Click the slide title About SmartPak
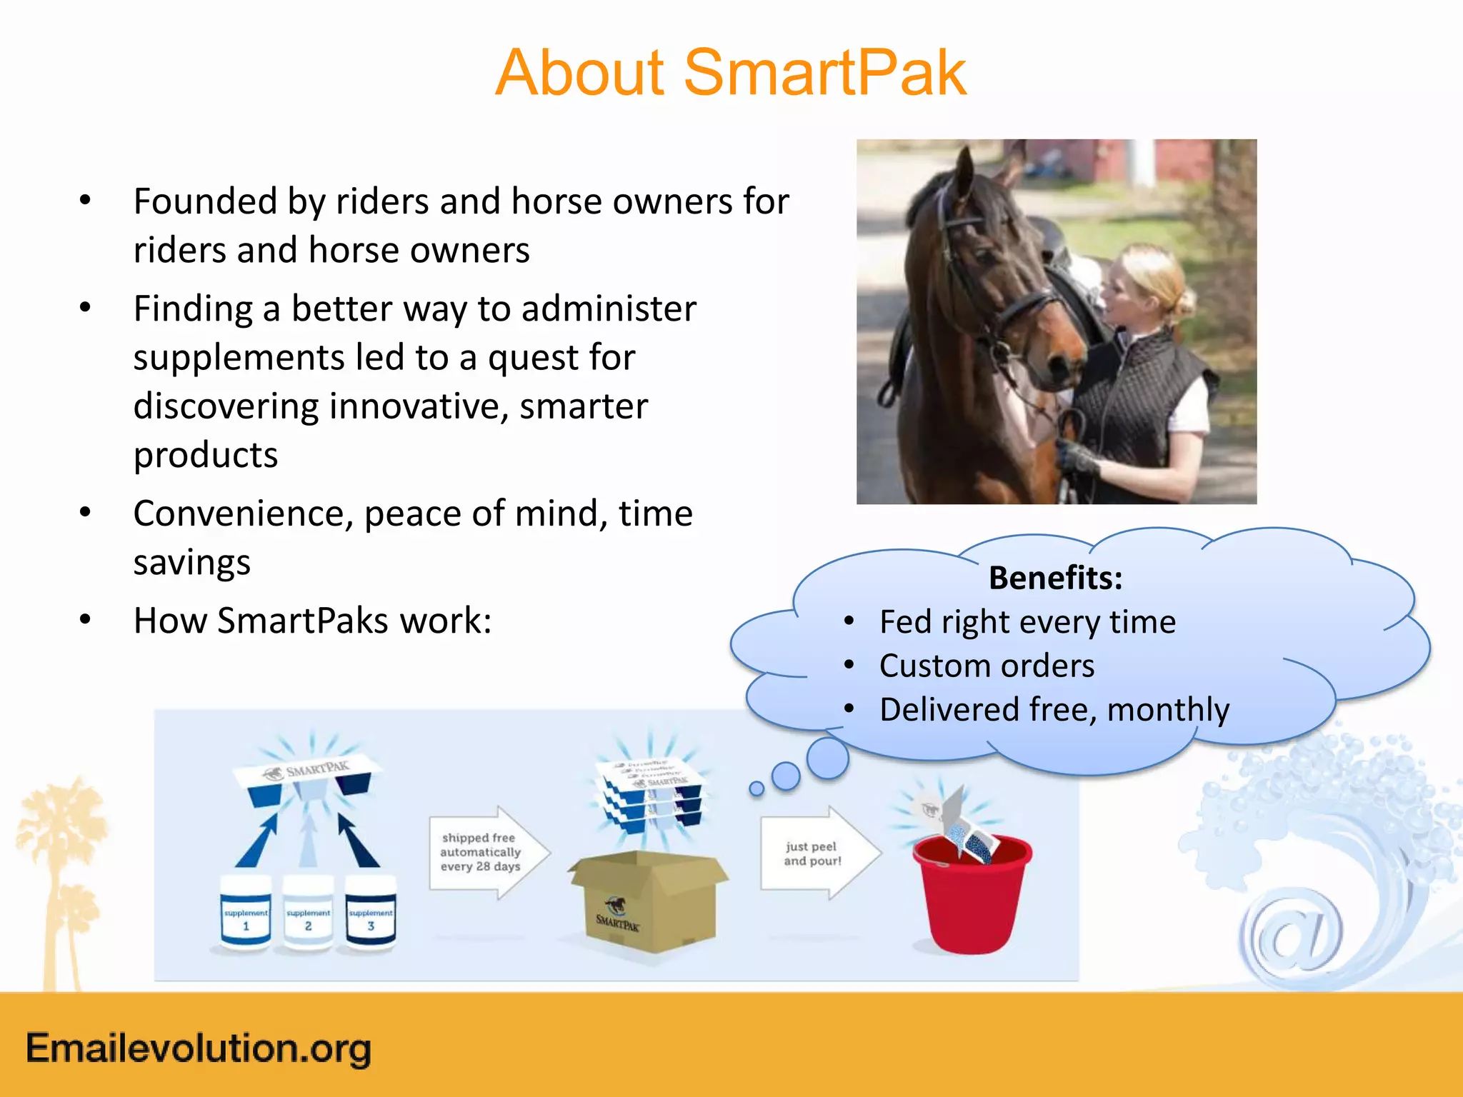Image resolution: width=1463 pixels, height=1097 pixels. tap(730, 73)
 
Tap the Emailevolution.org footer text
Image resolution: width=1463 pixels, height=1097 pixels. tap(199, 1048)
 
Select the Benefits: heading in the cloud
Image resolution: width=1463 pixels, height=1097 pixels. tap(1055, 578)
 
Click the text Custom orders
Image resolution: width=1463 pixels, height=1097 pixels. tap(986, 666)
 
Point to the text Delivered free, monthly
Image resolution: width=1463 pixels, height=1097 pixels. tap(1054, 710)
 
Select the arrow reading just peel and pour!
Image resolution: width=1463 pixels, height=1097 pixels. tap(818, 853)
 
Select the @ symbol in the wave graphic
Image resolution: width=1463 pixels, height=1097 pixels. tap(1293, 936)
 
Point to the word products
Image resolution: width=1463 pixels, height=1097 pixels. tap(206, 455)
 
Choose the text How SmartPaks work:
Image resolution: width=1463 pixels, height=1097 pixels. tap(312, 621)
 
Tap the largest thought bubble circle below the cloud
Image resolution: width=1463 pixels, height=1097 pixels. tap(827, 758)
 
